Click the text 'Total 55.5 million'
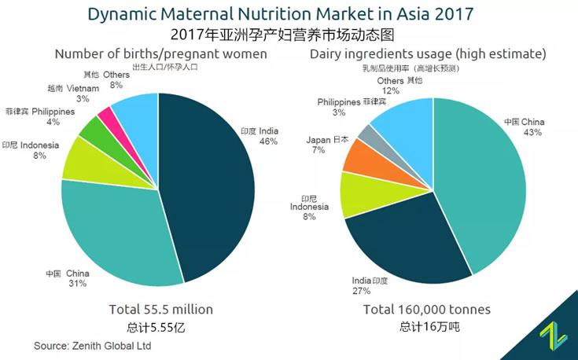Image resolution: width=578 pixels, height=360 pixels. click(160, 309)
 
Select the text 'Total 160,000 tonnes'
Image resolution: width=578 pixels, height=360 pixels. click(427, 309)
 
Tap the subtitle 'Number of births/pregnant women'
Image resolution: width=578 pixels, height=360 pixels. click(160, 53)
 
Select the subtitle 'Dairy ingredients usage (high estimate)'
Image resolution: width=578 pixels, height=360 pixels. click(427, 53)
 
